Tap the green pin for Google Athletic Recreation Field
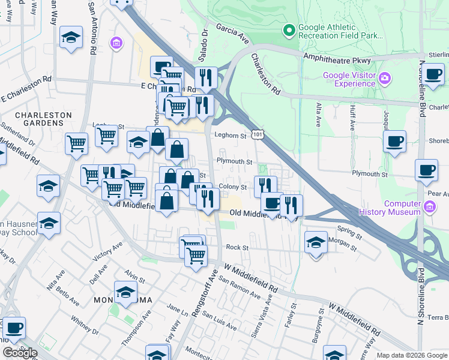point(289,29)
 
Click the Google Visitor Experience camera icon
point(384,79)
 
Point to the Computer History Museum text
point(390,208)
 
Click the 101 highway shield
point(256,136)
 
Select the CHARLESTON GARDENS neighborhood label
point(43,119)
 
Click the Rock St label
point(237,247)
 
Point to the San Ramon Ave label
point(239,287)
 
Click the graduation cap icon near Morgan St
point(316,242)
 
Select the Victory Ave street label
point(107,252)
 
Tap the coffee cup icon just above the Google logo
point(14,328)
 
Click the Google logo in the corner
point(19,353)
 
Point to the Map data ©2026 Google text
point(411,355)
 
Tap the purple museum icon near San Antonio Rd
point(116,43)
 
